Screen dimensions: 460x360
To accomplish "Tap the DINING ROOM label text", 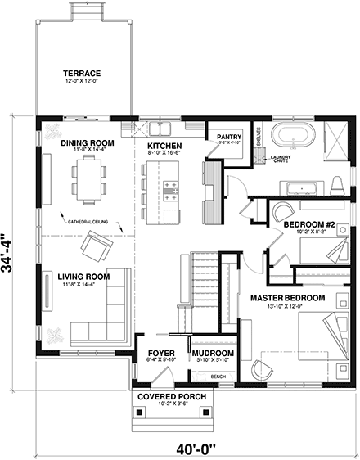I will click(88, 143).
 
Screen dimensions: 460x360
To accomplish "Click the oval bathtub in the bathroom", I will click(288, 133).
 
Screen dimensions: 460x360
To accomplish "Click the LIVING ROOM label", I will click(84, 276).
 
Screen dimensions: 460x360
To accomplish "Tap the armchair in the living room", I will click(94, 243).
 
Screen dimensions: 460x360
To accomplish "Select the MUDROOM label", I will click(214, 354).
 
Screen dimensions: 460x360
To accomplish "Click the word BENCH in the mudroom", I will click(218, 376).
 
